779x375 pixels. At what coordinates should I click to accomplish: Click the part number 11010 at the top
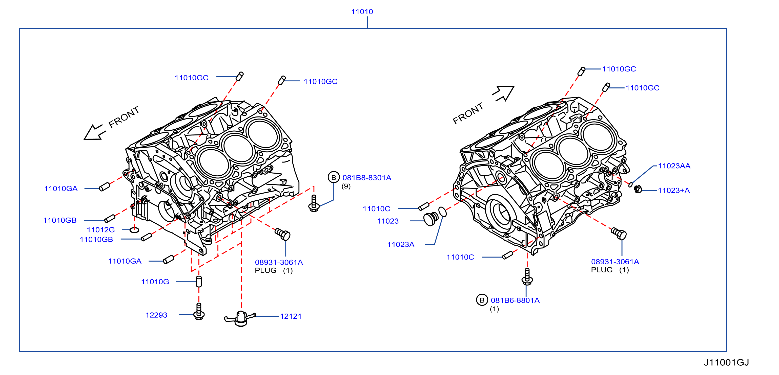point(362,12)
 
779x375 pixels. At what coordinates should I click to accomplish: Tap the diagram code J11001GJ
point(726,362)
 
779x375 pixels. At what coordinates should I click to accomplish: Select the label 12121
point(291,316)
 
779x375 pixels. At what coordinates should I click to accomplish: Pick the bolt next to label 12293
point(199,311)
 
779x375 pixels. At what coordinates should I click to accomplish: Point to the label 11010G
point(155,282)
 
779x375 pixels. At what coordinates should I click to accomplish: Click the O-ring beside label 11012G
point(134,230)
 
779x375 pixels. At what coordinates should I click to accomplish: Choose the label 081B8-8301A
point(367,178)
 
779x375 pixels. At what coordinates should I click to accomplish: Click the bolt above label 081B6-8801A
point(527,276)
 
